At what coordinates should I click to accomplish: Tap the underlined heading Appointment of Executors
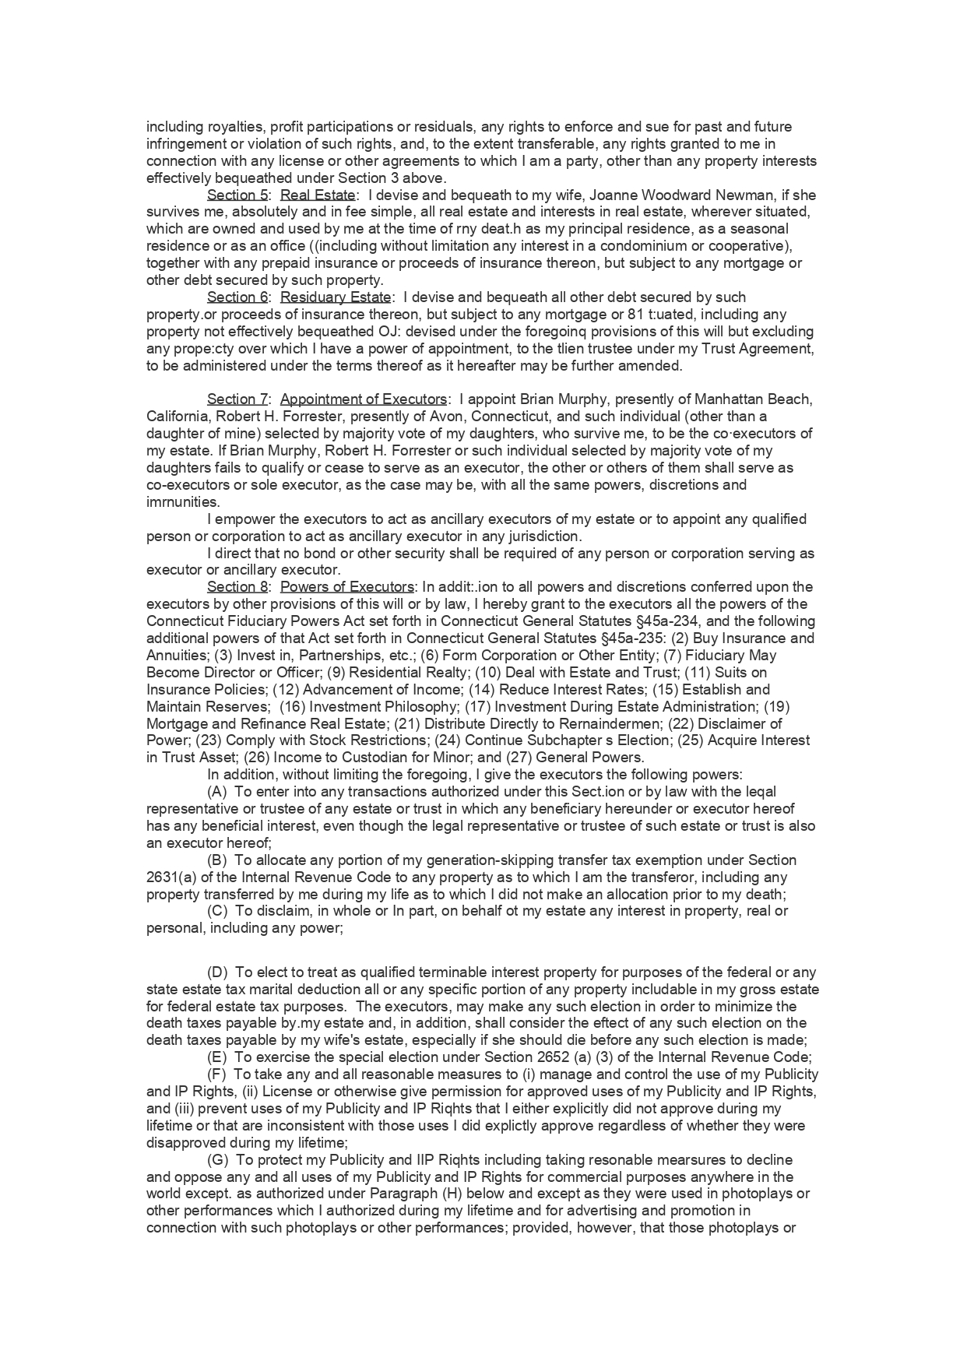tap(364, 399)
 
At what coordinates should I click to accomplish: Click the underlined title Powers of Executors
tap(346, 587)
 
